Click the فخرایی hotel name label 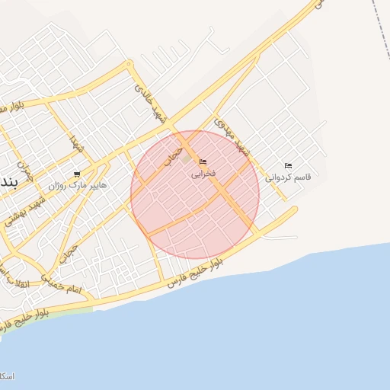click(202, 174)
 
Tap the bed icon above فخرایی click(203, 161)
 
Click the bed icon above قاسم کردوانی click(288, 166)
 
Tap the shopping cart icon click(77, 174)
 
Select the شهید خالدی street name click(151, 103)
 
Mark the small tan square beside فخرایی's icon click(187, 158)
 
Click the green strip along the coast click(61, 310)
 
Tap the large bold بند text click(6, 181)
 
